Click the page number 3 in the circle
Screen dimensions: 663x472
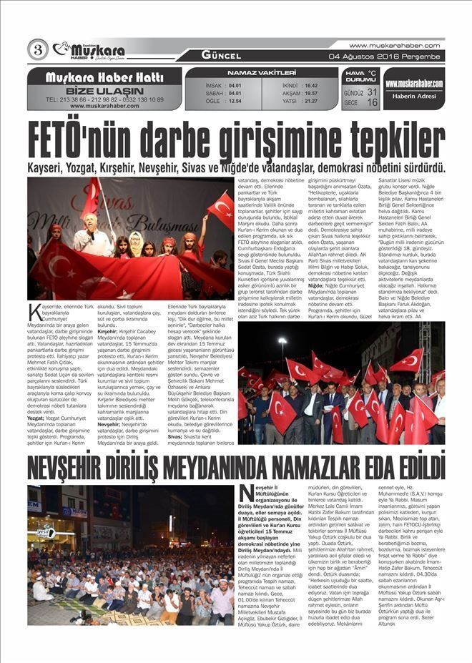(37, 50)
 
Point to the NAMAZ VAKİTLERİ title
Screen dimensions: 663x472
(261, 73)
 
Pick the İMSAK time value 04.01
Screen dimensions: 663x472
(235, 85)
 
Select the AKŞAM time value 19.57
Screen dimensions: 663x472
(310, 93)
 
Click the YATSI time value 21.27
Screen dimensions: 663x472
(310, 101)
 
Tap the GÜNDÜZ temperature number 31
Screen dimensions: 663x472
(372, 92)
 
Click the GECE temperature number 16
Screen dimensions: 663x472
(372, 102)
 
